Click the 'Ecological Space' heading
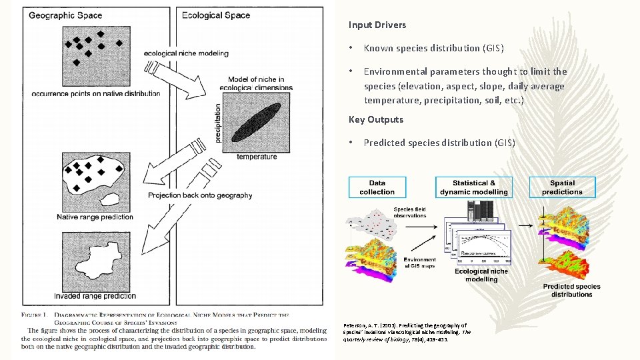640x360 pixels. (216, 15)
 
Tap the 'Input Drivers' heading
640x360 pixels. (377, 25)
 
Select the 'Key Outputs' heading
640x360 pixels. (376, 119)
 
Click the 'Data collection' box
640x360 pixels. (377, 187)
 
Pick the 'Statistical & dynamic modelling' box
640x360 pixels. (473, 187)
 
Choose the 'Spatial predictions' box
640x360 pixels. (562, 187)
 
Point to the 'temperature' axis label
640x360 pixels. (257, 157)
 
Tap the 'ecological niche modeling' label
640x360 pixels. (186, 53)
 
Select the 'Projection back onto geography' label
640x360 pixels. (200, 195)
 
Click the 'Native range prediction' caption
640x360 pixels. (95, 217)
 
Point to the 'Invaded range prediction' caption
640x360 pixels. (96, 296)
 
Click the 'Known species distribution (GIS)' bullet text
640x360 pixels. (433, 48)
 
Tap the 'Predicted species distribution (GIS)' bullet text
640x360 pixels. (439, 143)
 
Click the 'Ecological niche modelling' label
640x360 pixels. (481, 275)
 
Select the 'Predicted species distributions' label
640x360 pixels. (571, 291)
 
